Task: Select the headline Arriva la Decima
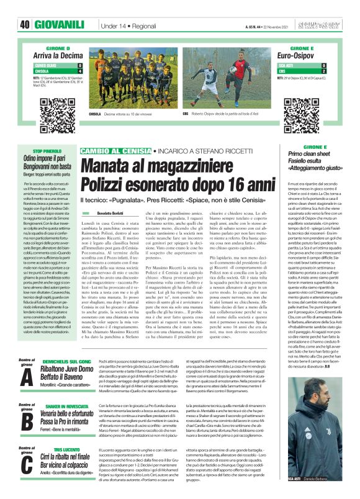click(x=58, y=55)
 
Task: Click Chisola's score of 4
click(x=80, y=70)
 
